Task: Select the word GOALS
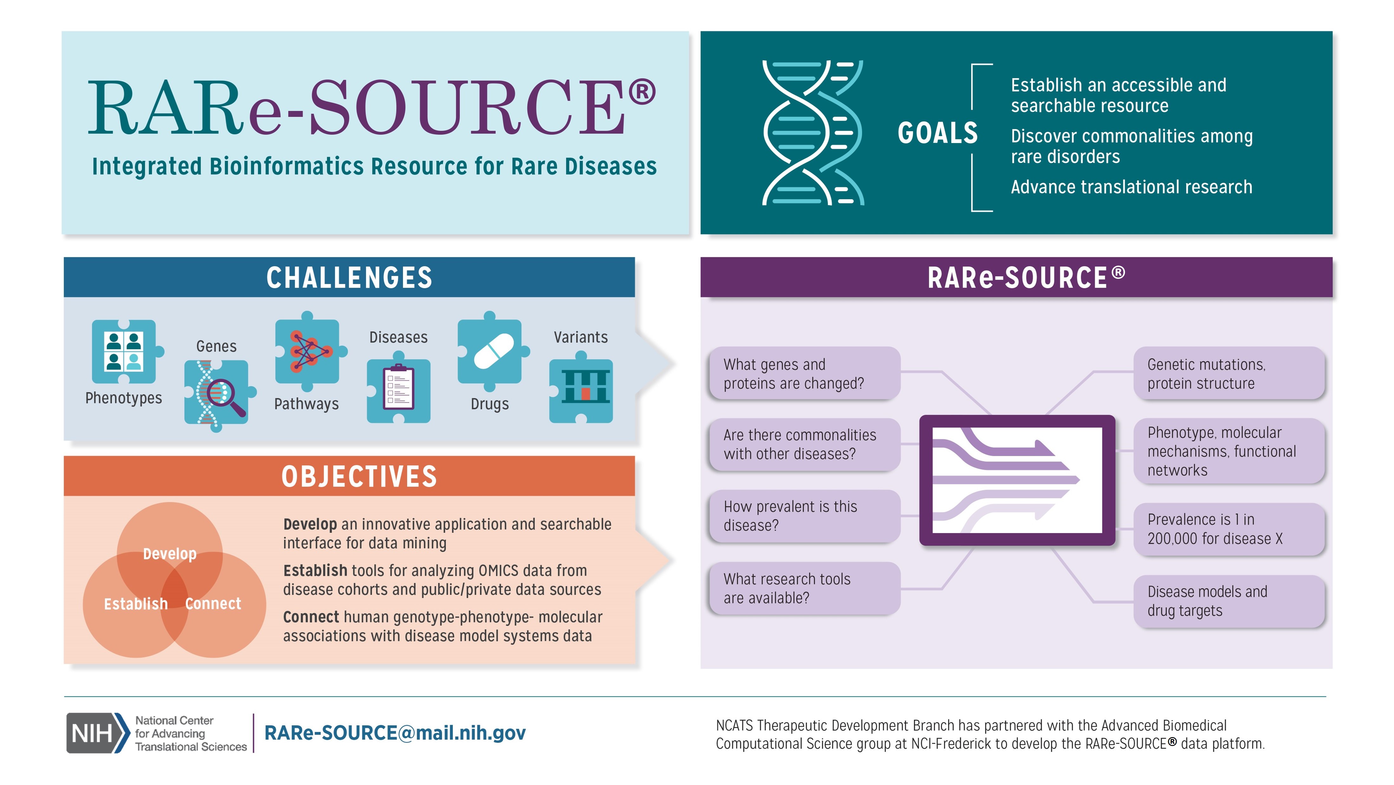click(x=937, y=133)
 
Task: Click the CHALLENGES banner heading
click(x=349, y=278)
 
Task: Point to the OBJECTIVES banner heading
click(x=359, y=476)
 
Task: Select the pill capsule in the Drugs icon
click(x=493, y=351)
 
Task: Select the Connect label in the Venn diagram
click(x=213, y=604)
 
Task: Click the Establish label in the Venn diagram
click(x=136, y=604)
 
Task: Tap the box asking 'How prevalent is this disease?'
click(x=804, y=516)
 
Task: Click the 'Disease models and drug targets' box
click(x=1228, y=601)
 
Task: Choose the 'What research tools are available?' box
click(x=804, y=588)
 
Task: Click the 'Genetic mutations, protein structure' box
click(x=1228, y=374)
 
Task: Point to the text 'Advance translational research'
click(x=1131, y=187)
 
